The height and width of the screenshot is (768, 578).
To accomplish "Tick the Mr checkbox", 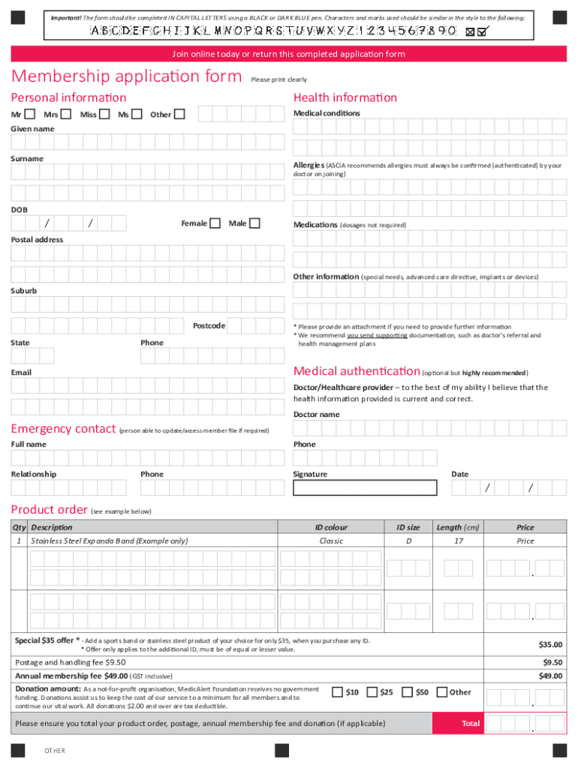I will coord(30,115).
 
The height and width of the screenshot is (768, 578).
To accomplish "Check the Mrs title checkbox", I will coord(66,115).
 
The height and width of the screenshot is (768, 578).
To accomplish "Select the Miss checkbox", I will coord(104,115).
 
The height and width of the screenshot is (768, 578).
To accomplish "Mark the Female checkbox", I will coord(215,223).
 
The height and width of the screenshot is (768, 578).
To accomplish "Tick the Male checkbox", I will coord(254,223).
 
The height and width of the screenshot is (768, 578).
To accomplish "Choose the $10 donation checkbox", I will coord(338,692).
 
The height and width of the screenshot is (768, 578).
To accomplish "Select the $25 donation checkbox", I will coord(372,692).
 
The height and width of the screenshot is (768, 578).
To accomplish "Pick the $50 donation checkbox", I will coord(408,692).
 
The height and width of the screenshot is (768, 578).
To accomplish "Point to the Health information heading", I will coord(345,97).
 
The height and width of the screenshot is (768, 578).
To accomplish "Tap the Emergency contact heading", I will coord(63,429).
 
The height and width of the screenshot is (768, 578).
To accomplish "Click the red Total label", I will coord(471,724).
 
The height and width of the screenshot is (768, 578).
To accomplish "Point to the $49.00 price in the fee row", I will coord(550,676).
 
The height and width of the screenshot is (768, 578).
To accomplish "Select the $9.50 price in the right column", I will coord(552,662).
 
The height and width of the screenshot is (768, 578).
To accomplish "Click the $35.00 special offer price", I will coord(550,644).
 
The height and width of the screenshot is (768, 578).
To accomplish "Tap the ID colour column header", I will coord(331,527).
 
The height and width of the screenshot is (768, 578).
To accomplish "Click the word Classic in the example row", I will coord(331,541).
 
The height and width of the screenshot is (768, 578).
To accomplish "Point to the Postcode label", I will coord(209,325).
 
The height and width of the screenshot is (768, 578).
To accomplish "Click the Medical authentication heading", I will coord(357,371).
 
